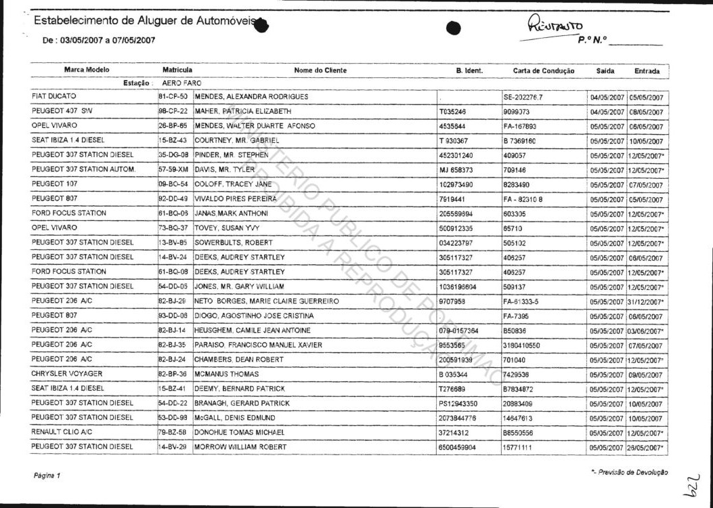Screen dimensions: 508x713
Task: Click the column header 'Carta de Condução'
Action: [543, 70]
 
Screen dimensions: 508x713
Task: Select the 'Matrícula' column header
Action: [177, 70]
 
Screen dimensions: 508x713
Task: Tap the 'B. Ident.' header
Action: [469, 70]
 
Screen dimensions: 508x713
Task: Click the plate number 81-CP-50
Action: [173, 97]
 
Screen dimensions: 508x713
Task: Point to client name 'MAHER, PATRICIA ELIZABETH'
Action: [243, 111]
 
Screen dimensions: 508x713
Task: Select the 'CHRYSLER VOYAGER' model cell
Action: [67, 374]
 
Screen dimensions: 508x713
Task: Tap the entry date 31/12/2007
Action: [647, 302]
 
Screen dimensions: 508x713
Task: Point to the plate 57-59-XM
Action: [173, 169]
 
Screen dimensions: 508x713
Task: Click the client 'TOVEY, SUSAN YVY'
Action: [227, 228]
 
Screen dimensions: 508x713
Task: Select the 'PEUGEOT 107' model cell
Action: [54, 184]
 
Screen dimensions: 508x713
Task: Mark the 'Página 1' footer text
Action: [47, 475]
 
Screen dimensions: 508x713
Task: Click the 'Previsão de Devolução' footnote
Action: [629, 471]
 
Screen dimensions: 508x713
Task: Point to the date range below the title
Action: [99, 41]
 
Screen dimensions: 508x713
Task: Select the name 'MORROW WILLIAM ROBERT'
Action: [240, 447]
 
